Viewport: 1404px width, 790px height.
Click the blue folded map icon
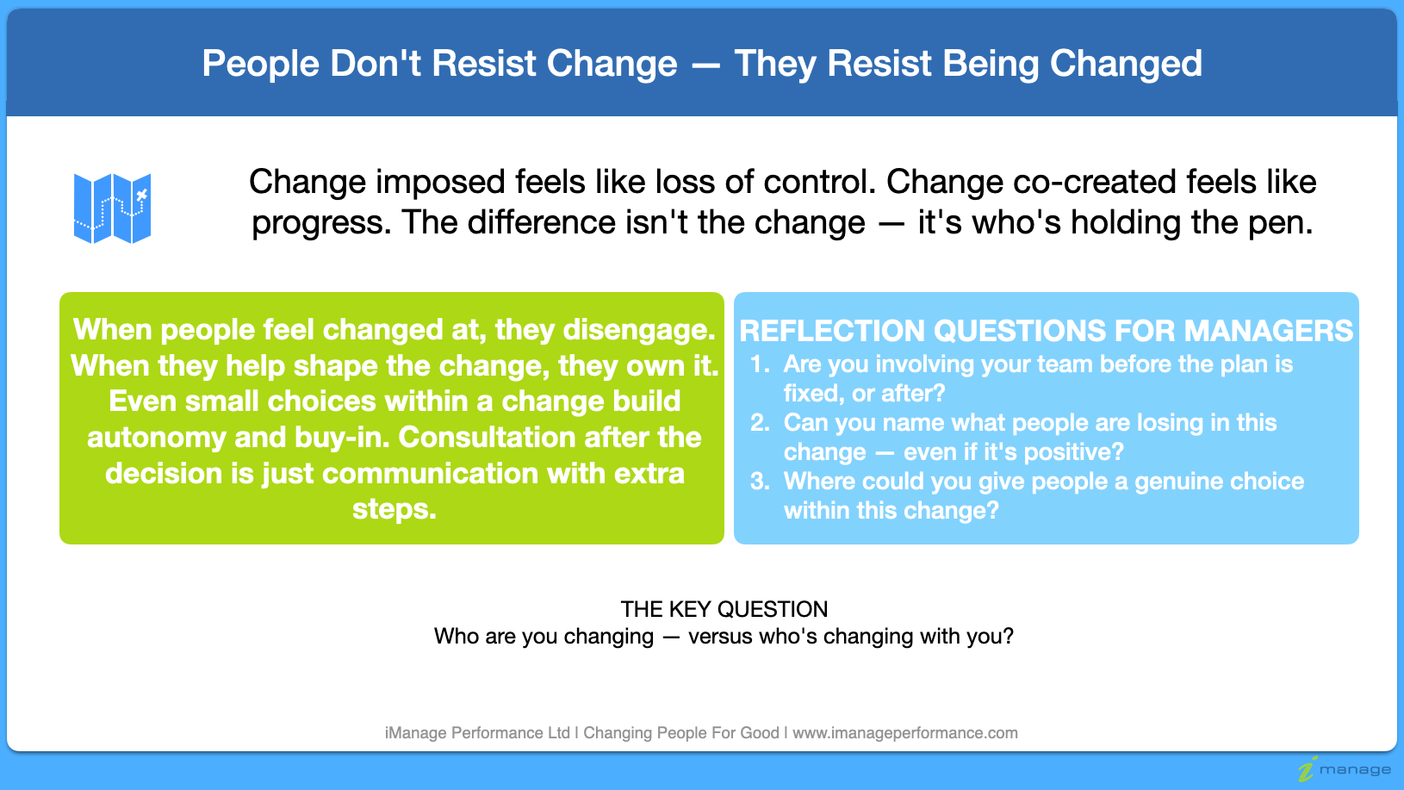tap(112, 208)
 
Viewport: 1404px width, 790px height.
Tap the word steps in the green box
tap(394, 509)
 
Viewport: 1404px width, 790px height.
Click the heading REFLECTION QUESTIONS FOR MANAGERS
tap(1046, 331)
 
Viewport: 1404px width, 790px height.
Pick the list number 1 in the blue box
tap(758, 364)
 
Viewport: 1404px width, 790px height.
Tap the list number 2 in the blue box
tap(758, 423)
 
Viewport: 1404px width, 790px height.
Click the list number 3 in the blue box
tap(758, 482)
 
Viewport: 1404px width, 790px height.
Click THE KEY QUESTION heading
tap(724, 609)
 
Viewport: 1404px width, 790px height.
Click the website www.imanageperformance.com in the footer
tap(904, 733)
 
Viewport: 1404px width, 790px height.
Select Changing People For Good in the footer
tap(680, 733)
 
